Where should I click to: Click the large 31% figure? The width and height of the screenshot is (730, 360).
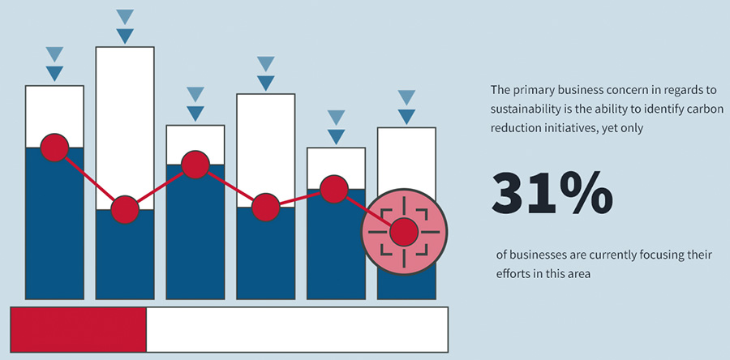(x=552, y=193)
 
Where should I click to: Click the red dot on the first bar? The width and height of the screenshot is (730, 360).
(x=55, y=148)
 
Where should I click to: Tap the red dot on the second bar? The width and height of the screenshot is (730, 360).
(x=124, y=210)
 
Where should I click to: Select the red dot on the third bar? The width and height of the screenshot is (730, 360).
(x=195, y=165)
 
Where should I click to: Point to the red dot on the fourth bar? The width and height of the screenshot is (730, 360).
(x=265, y=208)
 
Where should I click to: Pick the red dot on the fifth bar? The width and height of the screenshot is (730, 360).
(x=335, y=189)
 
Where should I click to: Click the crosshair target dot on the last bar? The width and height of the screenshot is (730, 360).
(x=402, y=233)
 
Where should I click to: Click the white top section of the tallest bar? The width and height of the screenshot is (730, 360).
(x=125, y=122)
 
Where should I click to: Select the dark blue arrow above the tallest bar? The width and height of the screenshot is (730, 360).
(x=125, y=36)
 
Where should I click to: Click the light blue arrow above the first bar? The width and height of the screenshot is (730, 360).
(x=55, y=54)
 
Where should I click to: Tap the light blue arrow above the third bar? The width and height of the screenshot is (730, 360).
(x=195, y=95)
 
